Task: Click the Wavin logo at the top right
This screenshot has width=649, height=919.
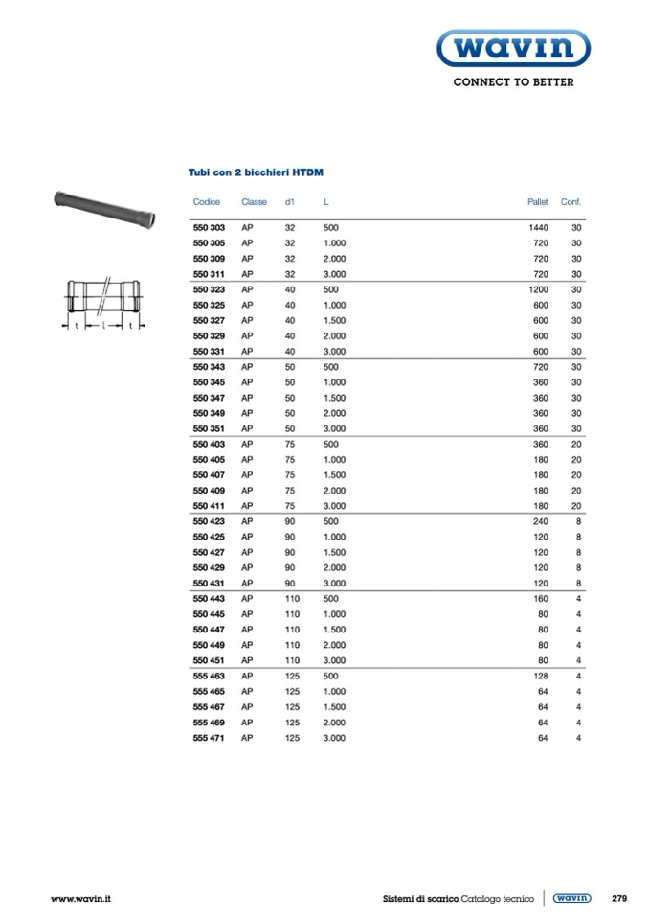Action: click(x=513, y=48)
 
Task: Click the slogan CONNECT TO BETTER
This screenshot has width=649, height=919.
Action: click(x=513, y=82)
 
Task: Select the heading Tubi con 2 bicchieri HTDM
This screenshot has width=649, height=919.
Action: click(x=255, y=173)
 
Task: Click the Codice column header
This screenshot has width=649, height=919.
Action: click(x=207, y=202)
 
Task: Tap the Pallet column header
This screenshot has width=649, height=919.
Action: click(x=538, y=202)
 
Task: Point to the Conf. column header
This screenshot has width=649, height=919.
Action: click(x=571, y=202)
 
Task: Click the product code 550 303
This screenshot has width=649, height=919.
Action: click(x=209, y=228)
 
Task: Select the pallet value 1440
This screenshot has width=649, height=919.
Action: click(x=539, y=228)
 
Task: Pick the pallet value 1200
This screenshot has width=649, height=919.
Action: click(x=539, y=289)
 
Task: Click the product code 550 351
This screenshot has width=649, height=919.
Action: click(x=209, y=428)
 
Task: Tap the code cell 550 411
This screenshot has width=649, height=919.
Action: click(x=209, y=506)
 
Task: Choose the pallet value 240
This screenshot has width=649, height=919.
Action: click(x=541, y=521)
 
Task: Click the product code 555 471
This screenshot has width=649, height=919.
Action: click(x=209, y=738)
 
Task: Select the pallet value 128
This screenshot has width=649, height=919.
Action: click(x=541, y=676)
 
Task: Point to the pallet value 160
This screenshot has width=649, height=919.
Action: click(x=541, y=599)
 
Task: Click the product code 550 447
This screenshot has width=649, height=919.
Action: click(x=209, y=630)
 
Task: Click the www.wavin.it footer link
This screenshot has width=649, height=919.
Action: click(x=81, y=898)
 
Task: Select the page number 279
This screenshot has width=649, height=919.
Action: click(x=618, y=898)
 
